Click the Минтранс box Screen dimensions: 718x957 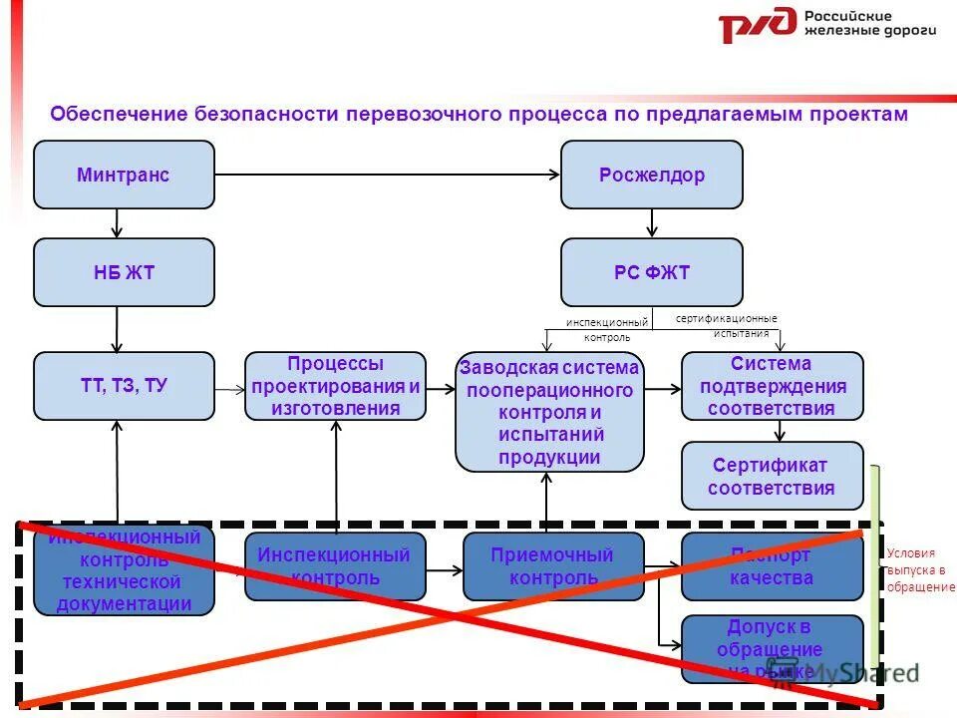click(124, 175)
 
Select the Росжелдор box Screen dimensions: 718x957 click(651, 175)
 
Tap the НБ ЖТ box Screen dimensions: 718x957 click(124, 272)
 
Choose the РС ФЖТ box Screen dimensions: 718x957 click(651, 272)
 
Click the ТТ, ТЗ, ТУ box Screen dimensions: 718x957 click(124, 386)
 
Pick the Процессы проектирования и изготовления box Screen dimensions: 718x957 click(335, 386)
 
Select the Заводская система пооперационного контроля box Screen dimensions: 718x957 click(549, 411)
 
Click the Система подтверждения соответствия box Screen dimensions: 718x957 click(772, 386)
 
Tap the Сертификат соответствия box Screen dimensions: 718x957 click(772, 477)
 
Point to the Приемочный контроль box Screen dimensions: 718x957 click(552, 566)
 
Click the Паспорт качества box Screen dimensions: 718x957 click(772, 566)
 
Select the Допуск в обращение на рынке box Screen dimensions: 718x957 click(772, 649)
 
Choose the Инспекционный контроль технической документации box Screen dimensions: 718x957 click(124, 570)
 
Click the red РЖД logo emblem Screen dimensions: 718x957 click(758, 25)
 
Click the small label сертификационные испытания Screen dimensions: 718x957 click(727, 325)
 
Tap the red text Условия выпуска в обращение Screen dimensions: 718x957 click(920, 569)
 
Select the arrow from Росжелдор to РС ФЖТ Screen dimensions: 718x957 click(651, 223)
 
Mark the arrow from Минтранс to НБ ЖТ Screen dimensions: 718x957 click(118, 223)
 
